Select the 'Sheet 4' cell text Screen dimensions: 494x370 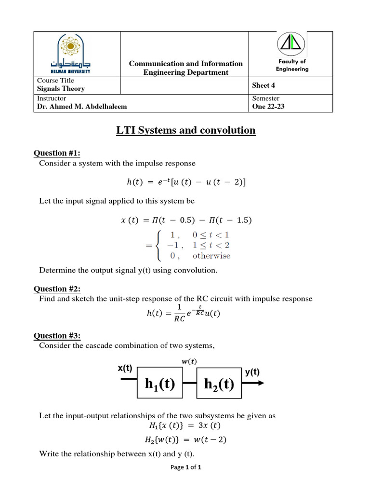click(264, 85)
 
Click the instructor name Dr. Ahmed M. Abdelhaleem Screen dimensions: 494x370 click(82, 107)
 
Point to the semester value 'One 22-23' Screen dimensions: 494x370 click(268, 107)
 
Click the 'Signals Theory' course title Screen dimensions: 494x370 click(61, 89)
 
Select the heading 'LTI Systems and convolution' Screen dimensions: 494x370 click(186, 130)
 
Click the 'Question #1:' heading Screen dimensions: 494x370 click(56, 153)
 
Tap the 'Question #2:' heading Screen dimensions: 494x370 click(56, 289)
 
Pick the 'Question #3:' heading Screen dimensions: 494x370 click(56, 336)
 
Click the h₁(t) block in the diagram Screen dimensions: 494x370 click(159, 384)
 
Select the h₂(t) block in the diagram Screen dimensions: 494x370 click(219, 384)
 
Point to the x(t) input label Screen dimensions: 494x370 click(125, 368)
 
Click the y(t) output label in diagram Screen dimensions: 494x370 click(252, 372)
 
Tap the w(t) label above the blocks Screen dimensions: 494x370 click(188, 362)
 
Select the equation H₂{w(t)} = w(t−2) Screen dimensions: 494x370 click(185, 439)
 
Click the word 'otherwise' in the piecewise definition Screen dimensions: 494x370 click(211, 256)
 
